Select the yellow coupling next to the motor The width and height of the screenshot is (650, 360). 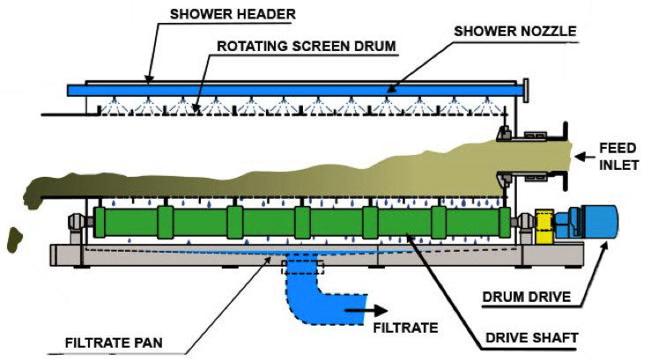[x=544, y=225]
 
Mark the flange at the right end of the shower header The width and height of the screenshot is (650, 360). [x=525, y=89]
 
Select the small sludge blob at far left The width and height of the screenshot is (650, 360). [x=13, y=237]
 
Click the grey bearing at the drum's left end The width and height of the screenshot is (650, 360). [x=77, y=224]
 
